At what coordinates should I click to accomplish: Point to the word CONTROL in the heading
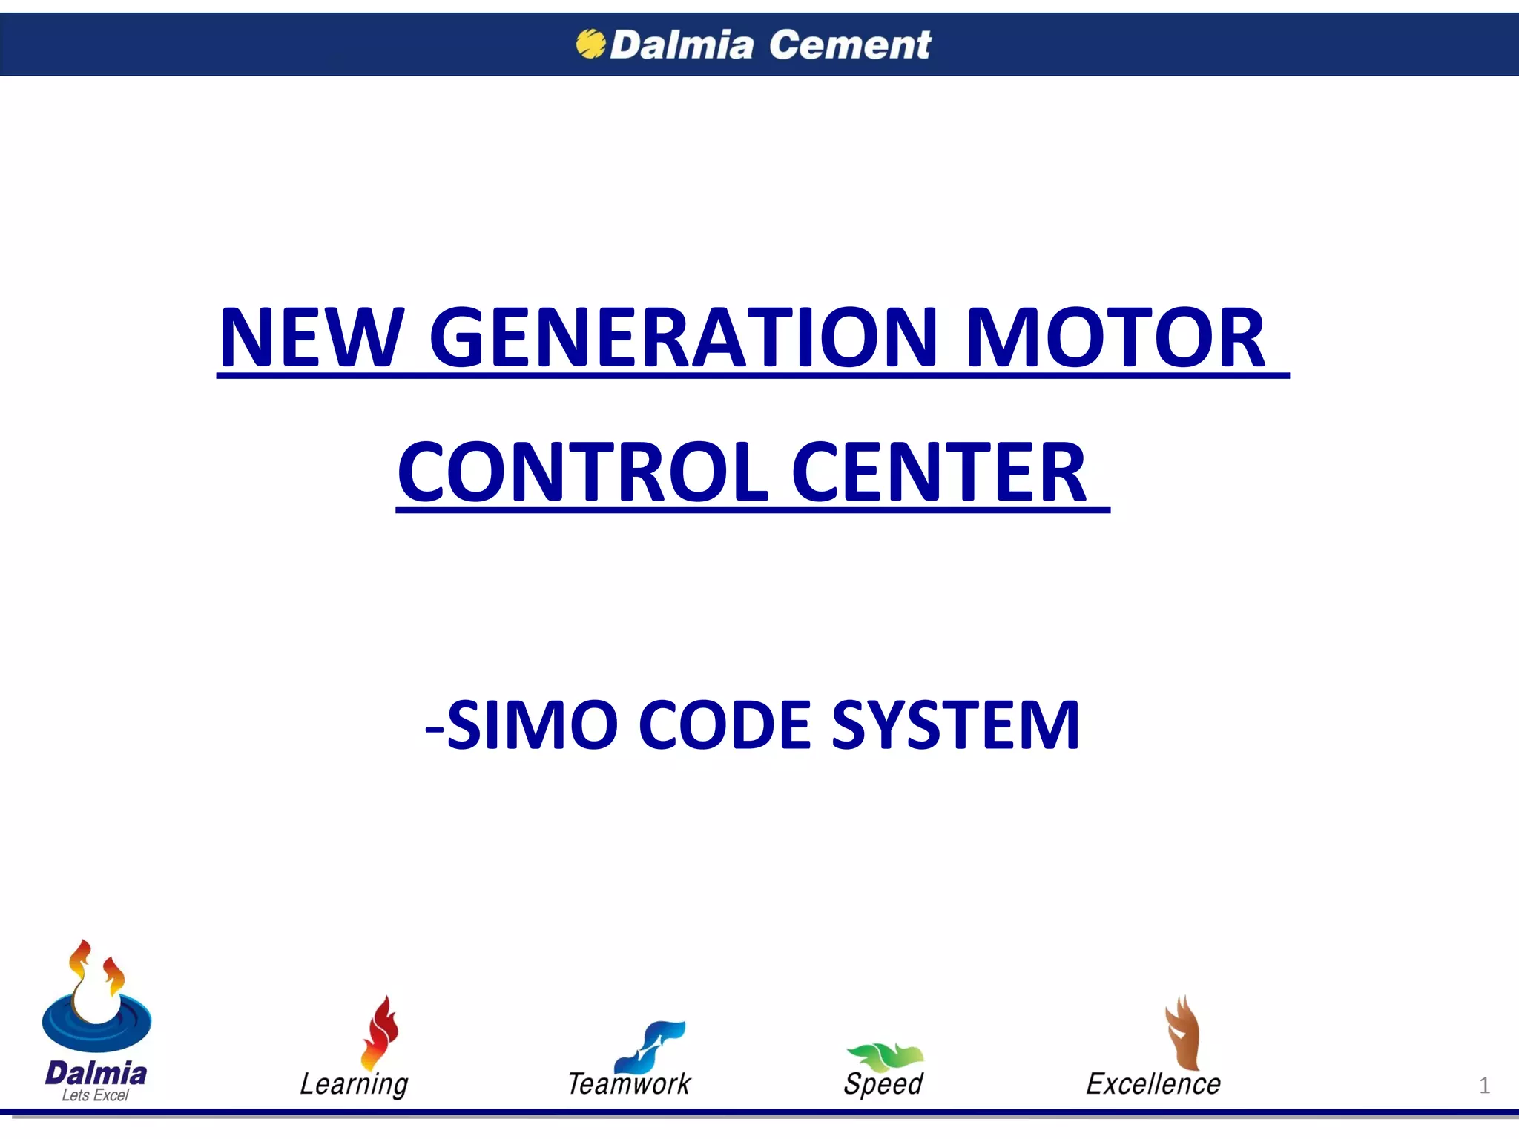[583, 472]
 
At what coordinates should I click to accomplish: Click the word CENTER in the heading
[938, 472]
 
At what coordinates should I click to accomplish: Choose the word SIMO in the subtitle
[533, 725]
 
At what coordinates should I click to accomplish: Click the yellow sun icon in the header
[590, 44]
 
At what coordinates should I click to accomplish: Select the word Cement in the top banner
[849, 44]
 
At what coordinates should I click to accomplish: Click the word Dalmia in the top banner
[681, 44]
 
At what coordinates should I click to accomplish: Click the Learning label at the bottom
[354, 1084]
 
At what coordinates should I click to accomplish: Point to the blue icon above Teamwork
[652, 1046]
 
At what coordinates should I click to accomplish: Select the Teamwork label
[629, 1084]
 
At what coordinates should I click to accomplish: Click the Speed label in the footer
[883, 1084]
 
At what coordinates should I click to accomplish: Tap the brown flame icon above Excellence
[1182, 1033]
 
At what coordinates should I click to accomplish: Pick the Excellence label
[1153, 1084]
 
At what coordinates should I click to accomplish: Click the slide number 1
[1484, 1086]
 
